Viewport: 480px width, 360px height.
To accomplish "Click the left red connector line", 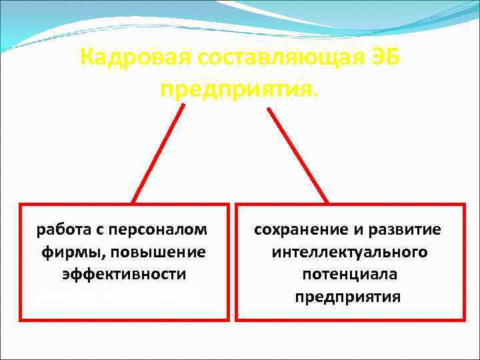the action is coord(159,152).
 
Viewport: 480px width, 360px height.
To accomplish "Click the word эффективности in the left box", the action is coord(123,275).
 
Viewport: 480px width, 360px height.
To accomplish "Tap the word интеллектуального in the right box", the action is coord(349,253).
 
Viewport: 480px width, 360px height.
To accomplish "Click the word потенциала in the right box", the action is coord(349,275).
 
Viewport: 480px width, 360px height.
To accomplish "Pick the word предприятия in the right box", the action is coord(349,297).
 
